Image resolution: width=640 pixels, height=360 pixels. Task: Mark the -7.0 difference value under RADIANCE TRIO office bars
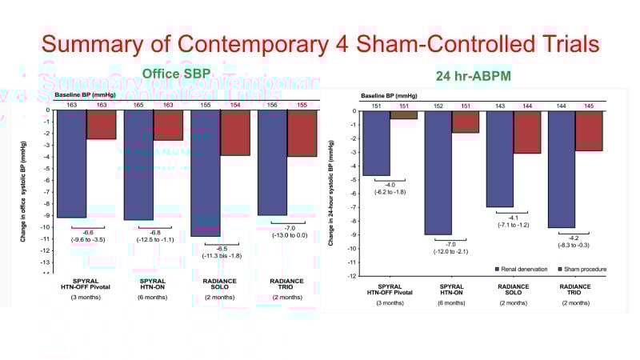[288, 227]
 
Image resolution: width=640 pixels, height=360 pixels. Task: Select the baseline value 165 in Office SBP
[138, 104]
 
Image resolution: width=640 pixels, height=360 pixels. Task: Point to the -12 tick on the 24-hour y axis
[351, 275]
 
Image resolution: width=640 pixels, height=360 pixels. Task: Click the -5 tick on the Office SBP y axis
[48, 169]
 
